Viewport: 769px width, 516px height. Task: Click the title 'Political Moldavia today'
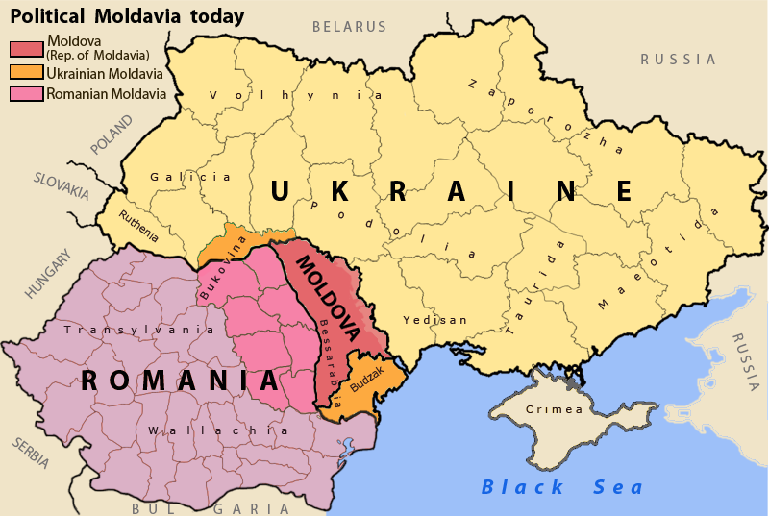pyautogui.click(x=127, y=16)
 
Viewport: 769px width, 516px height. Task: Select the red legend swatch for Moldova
pyautogui.click(x=26, y=48)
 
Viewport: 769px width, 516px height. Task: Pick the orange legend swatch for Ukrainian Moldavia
pyautogui.click(x=26, y=72)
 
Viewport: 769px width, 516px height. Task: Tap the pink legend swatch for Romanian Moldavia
pyautogui.click(x=26, y=94)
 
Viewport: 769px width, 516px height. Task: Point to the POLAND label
pyautogui.click(x=113, y=135)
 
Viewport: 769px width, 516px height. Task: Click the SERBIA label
pyautogui.click(x=31, y=453)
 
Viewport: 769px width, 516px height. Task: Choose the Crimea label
pyautogui.click(x=554, y=410)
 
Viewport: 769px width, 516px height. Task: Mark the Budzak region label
pyautogui.click(x=367, y=372)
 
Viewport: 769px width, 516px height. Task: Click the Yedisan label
pyautogui.click(x=434, y=320)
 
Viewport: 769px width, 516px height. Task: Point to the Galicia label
pyautogui.click(x=190, y=177)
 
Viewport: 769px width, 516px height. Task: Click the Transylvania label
pyautogui.click(x=138, y=330)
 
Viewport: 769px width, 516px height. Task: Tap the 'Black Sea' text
pyautogui.click(x=563, y=487)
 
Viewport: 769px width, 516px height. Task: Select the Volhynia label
pyautogui.click(x=296, y=95)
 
